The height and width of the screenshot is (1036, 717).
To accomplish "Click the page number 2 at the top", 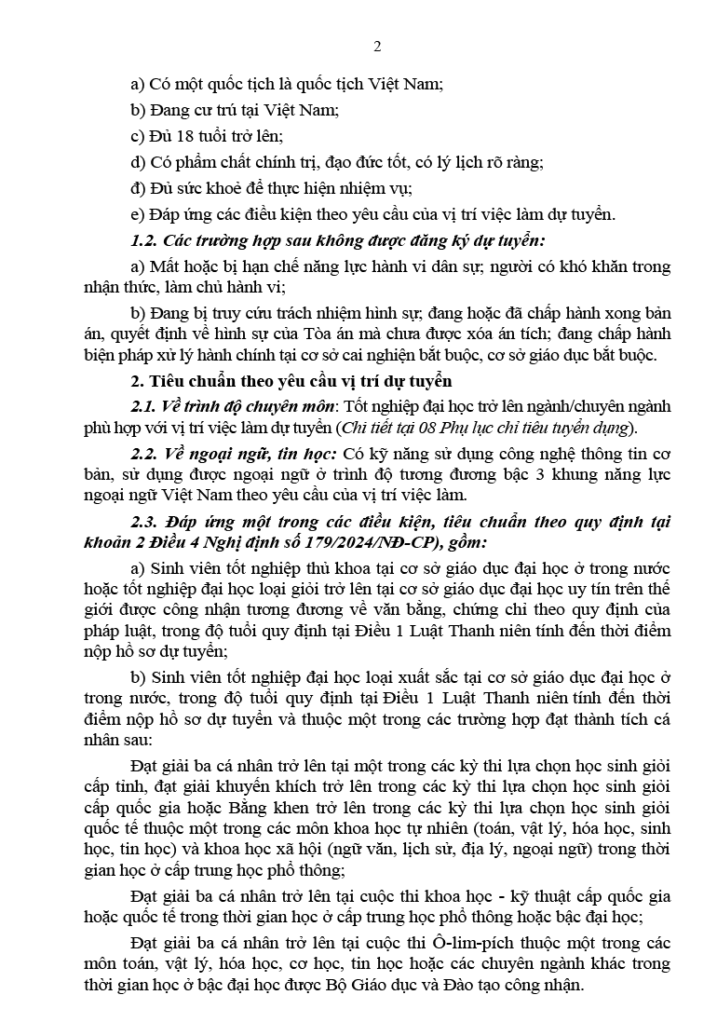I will click(377, 47).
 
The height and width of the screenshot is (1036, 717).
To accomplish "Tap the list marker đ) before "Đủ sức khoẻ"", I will click(139, 187).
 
